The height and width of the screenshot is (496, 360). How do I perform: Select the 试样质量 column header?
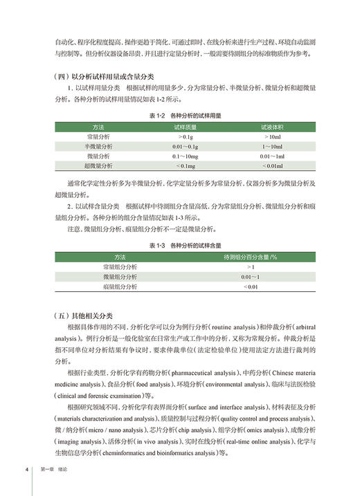(x=185, y=127)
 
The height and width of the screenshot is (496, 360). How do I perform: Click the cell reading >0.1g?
(x=185, y=137)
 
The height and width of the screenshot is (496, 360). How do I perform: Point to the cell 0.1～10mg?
(x=185, y=156)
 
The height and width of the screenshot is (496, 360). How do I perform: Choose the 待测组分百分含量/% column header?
(x=250, y=257)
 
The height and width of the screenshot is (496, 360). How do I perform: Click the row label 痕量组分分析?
(x=120, y=286)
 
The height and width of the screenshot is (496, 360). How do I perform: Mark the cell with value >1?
(x=250, y=267)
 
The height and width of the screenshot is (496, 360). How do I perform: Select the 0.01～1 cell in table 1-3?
(x=250, y=277)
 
